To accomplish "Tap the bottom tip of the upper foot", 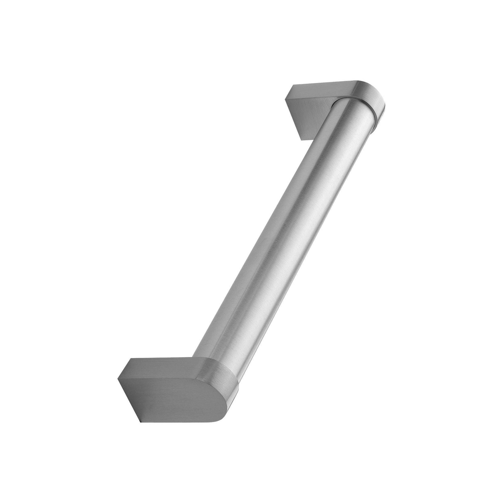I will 302,140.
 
